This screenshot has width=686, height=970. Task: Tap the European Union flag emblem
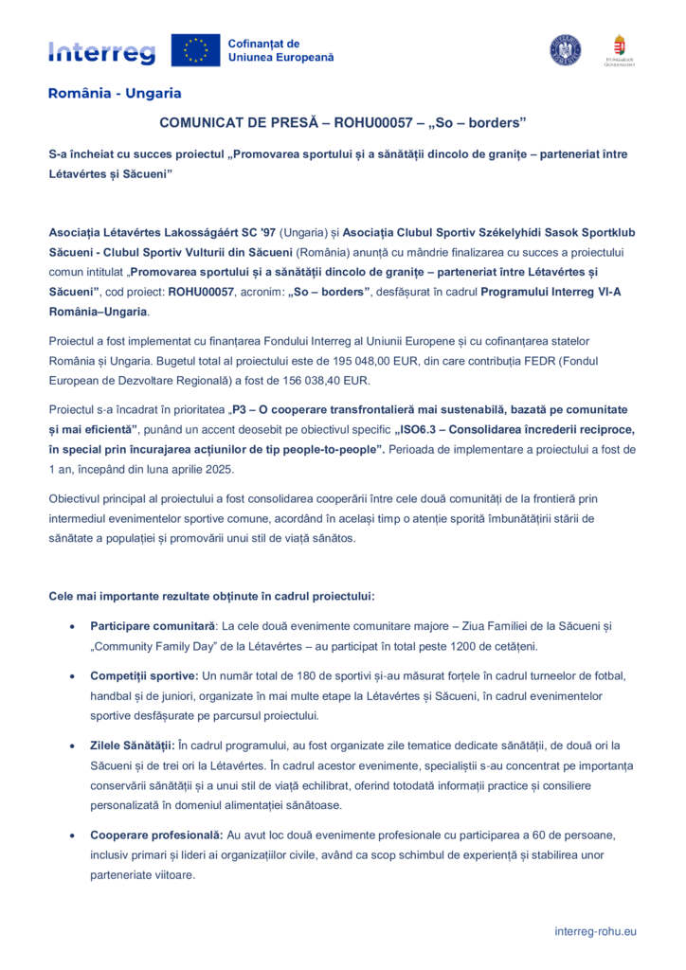tap(195, 50)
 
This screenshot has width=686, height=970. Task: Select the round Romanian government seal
tap(566, 49)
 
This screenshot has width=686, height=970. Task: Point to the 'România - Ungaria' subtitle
tap(115, 94)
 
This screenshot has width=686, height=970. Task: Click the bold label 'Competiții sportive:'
tap(144, 675)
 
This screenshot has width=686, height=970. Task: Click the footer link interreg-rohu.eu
tap(595, 931)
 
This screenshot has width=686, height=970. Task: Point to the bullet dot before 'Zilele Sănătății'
tap(74, 746)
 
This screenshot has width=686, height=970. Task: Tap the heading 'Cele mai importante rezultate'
tap(211, 596)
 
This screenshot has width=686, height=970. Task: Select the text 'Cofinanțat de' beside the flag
tap(263, 44)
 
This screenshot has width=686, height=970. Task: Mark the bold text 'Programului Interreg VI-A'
tap(551, 292)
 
